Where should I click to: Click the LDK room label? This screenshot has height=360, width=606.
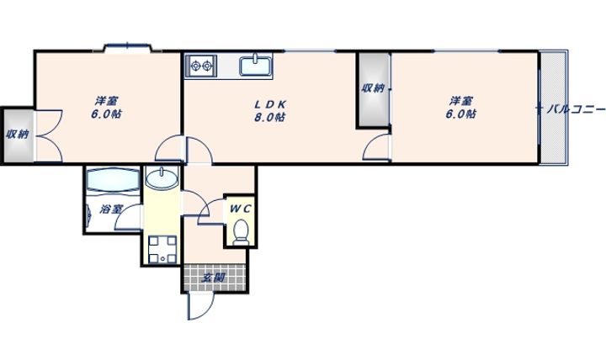click(270, 104)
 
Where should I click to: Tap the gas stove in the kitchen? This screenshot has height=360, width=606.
click(201, 66)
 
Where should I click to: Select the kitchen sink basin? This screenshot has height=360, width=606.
click(256, 66)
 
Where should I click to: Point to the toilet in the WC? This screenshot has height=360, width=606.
click(242, 232)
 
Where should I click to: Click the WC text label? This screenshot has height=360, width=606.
click(241, 209)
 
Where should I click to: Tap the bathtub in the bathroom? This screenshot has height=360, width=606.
click(114, 180)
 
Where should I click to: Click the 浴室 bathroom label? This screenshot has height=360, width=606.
click(111, 209)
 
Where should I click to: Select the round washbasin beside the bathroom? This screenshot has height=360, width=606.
click(162, 179)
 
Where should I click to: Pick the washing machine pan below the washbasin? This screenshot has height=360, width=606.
click(162, 249)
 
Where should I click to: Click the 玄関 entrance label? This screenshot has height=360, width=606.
click(213, 278)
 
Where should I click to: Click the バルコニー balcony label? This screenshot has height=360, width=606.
click(576, 109)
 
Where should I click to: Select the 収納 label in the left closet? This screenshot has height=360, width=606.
click(18, 135)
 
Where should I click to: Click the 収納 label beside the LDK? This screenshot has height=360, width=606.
click(373, 88)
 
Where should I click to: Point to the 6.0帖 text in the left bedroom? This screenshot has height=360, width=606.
click(107, 114)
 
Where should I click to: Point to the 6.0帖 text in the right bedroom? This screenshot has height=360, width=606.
click(460, 114)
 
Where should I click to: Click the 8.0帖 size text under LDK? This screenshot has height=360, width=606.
click(270, 117)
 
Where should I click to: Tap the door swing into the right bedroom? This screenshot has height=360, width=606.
click(376, 147)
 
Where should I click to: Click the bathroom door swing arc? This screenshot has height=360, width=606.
click(128, 218)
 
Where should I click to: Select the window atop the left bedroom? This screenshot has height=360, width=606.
click(127, 46)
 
